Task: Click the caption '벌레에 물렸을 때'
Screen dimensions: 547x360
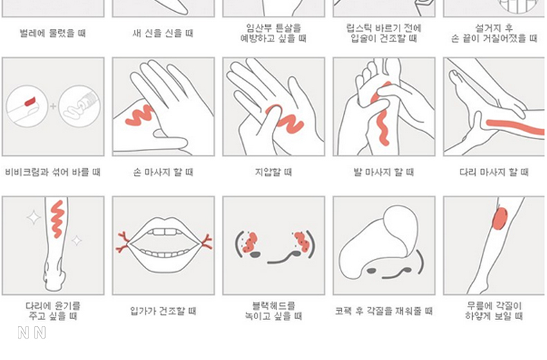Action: pos(53,33)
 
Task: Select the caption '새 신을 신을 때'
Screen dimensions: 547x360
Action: pos(163,33)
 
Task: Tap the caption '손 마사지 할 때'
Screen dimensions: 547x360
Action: pos(163,172)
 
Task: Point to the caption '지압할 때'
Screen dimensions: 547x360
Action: pos(273,172)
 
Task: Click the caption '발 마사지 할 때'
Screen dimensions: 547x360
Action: pos(384,172)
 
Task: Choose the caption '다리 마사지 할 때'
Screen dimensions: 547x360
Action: pos(494,172)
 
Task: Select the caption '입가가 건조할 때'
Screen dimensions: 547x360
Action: pos(163,311)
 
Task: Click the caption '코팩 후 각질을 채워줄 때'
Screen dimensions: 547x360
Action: pos(384,311)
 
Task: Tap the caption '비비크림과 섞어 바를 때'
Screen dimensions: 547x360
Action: pos(53,172)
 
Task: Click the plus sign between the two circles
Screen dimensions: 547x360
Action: pos(53,106)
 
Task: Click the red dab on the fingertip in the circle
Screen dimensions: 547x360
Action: pos(30,101)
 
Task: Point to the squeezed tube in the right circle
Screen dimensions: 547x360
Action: pos(80,107)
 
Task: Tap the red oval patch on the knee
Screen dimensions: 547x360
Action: pos(500,218)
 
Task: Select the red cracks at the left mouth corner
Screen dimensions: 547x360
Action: pos(123,242)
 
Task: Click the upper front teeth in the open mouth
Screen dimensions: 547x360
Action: pos(164,232)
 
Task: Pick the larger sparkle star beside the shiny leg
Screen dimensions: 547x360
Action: pos(34,217)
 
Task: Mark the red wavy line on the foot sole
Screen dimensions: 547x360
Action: pos(382,114)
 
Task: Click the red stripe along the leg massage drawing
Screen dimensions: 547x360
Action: pos(515,127)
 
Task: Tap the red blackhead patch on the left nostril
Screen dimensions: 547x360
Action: pos(249,242)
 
